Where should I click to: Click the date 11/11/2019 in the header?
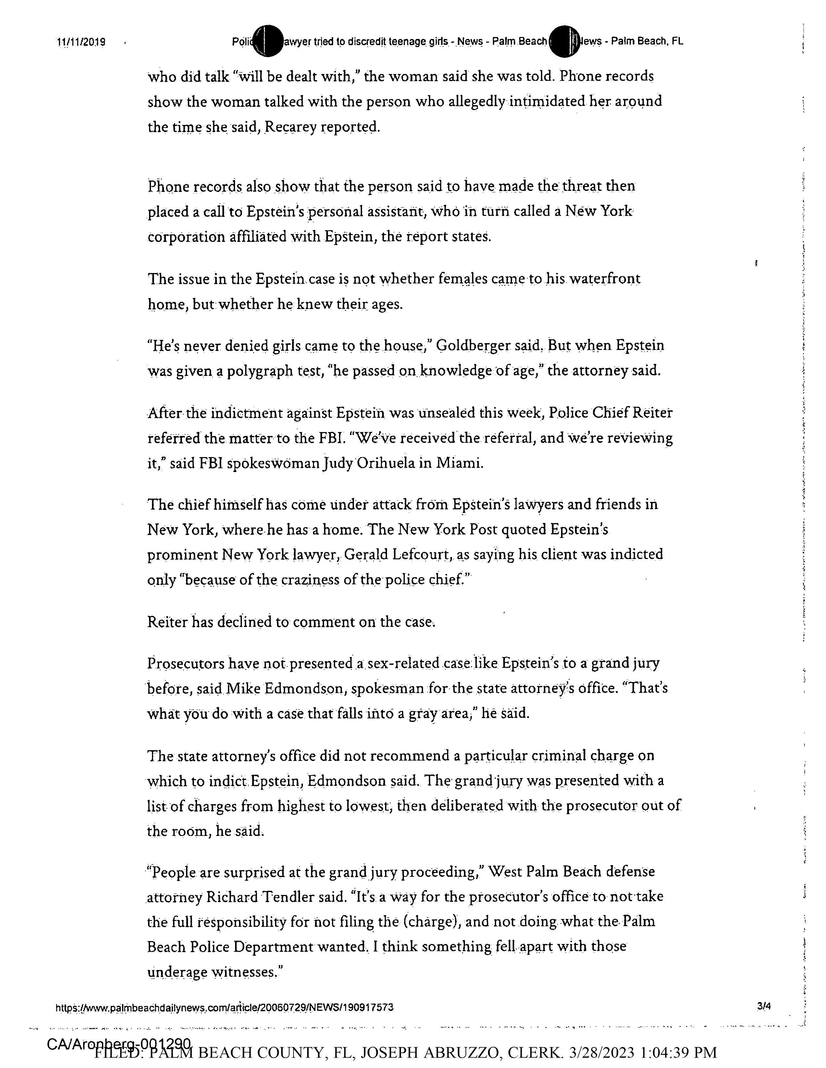(x=81, y=42)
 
